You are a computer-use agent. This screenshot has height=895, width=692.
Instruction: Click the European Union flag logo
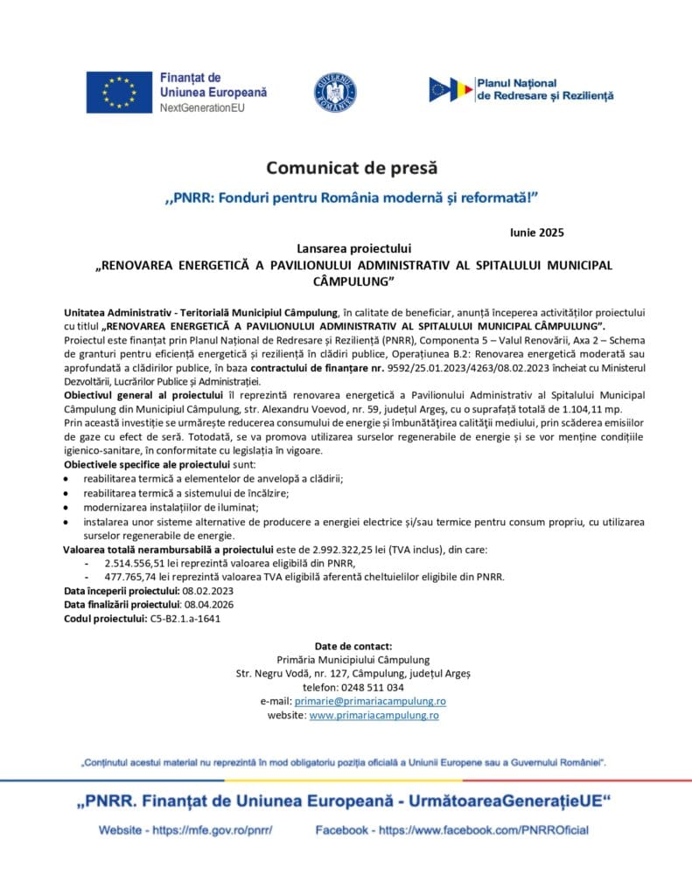pos(118,93)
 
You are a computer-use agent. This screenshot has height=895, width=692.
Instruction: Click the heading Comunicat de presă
pos(351,167)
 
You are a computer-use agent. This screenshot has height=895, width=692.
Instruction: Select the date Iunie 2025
pos(536,232)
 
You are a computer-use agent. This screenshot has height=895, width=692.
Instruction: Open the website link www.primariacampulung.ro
pos(374,715)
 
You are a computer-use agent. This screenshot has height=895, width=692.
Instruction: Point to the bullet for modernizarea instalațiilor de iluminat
pos(70,507)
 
